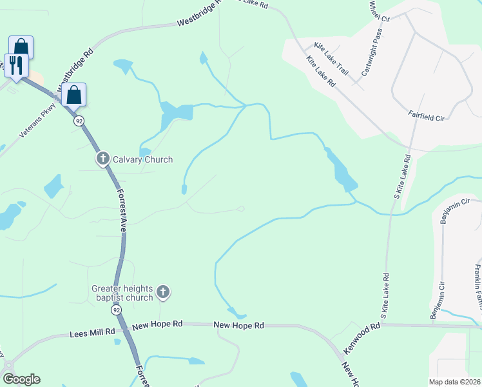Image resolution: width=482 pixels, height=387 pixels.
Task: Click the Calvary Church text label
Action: coord(142,159)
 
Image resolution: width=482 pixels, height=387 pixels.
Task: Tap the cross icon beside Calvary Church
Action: coord(102,159)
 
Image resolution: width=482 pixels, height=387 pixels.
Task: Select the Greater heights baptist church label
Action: coord(122,293)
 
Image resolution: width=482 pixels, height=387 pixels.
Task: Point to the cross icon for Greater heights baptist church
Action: coord(163,293)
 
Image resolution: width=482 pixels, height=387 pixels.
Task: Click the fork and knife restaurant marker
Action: coord(15,65)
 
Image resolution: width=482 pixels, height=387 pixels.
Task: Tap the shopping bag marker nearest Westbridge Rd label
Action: coord(74,95)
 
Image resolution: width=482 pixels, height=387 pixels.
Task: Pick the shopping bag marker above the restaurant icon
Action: coord(21,47)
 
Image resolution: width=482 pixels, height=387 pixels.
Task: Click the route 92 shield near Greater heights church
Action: coord(116,310)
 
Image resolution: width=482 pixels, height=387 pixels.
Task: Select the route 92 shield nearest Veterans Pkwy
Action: coord(79,121)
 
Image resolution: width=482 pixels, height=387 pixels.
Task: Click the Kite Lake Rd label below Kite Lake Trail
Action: coord(321,72)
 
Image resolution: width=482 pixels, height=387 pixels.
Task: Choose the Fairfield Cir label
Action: coord(427,114)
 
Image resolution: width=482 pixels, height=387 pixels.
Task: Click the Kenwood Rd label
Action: coord(362,338)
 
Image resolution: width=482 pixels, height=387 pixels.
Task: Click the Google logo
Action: coord(21,379)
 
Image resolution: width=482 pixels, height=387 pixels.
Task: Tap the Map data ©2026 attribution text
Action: coord(454,382)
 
